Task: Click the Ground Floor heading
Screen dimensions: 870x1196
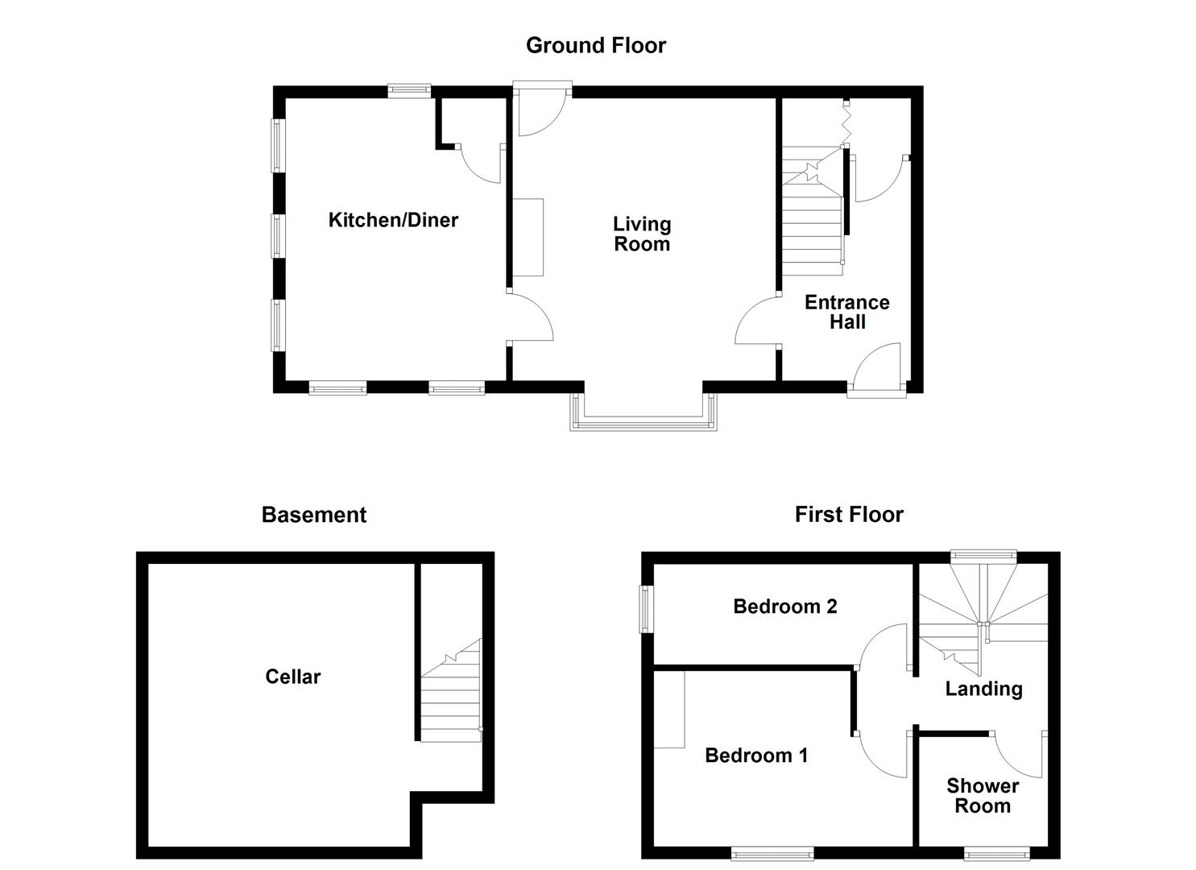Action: click(596, 45)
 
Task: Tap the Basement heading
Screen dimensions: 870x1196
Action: click(313, 515)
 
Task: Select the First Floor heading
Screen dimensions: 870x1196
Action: click(849, 514)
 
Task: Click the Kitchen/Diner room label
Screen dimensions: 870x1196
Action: click(393, 220)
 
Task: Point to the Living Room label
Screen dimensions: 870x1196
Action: click(642, 234)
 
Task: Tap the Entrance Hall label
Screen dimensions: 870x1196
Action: click(847, 312)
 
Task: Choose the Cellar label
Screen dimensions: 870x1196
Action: click(292, 677)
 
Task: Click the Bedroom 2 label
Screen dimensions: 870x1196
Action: click(785, 606)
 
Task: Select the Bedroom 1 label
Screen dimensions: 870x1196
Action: click(756, 755)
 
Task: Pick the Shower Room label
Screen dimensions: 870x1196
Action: click(983, 796)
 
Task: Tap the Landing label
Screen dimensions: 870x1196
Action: click(983, 689)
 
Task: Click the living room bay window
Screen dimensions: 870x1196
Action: click(643, 421)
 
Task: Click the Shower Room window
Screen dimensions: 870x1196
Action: click(997, 851)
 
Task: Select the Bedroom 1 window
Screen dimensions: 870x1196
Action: click(772, 851)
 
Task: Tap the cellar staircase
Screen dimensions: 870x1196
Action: click(450, 697)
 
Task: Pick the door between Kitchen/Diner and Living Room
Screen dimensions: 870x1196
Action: click(528, 319)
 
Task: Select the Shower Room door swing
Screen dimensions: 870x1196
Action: click(1019, 753)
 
